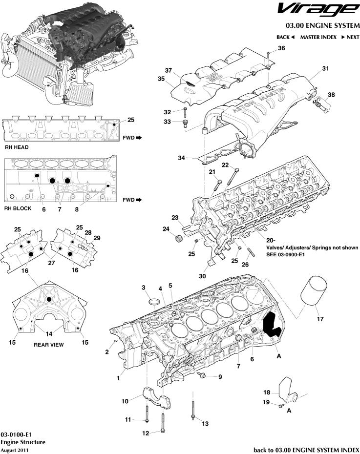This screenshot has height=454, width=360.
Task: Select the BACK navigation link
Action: pos(285,37)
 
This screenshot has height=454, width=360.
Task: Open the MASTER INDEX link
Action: pos(318,37)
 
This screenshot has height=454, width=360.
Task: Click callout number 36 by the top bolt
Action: pos(281,48)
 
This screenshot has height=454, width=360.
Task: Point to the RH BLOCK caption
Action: pos(18,208)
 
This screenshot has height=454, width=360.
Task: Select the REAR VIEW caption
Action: pos(48,344)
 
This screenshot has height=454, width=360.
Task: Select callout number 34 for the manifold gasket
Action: pos(181,158)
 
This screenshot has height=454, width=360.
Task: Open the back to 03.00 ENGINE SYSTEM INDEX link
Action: pos(307,449)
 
